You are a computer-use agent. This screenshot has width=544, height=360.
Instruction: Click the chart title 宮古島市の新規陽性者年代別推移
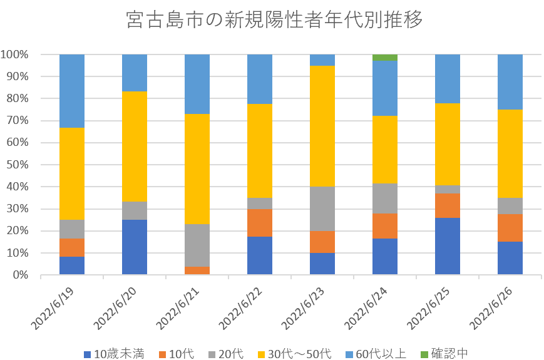click(x=274, y=20)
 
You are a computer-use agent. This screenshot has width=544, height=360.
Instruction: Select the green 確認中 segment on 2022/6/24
click(x=385, y=58)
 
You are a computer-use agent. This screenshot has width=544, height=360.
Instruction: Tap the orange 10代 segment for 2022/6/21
click(x=197, y=270)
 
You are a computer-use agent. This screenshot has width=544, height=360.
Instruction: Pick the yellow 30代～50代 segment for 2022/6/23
click(x=322, y=126)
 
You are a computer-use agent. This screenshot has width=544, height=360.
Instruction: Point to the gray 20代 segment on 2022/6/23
click(x=322, y=209)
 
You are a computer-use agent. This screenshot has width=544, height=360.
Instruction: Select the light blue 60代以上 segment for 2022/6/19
click(x=72, y=91)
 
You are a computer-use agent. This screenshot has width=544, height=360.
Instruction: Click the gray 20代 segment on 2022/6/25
click(x=448, y=189)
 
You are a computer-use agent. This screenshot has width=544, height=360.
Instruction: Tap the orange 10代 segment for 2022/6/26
click(x=510, y=228)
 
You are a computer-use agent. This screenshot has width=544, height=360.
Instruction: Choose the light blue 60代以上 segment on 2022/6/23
click(x=322, y=60)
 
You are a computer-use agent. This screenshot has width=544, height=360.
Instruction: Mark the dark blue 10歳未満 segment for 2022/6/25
click(x=448, y=246)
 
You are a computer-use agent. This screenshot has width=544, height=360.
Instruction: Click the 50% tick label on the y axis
click(x=17, y=165)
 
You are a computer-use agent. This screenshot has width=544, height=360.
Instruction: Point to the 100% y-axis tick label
click(x=15, y=54)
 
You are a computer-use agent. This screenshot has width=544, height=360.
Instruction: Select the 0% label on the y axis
click(x=21, y=275)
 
